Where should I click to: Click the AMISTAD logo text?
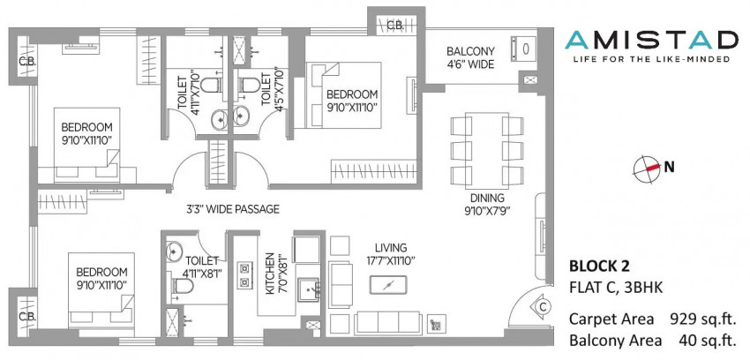coord(651,40)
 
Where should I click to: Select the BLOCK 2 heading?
coord(599,266)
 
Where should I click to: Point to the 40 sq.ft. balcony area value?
coord(707,340)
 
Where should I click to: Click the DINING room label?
coord(487,198)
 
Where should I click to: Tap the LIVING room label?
coord(391,248)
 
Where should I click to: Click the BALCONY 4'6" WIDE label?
coord(470,57)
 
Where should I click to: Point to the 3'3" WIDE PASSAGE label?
coord(232,209)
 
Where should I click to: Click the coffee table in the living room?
coord(388,284)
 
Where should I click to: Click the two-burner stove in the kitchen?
coord(243,275)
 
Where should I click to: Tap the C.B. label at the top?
coord(395,26)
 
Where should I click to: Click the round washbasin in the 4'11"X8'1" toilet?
coord(174,250)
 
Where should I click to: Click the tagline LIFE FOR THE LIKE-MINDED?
coord(651,59)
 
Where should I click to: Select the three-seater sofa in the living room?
coord(388,321)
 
